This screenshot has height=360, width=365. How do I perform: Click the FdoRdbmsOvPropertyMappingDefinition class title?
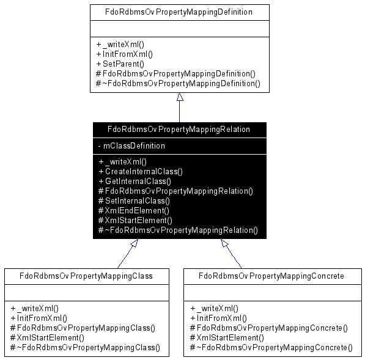pyautogui.click(x=179, y=12)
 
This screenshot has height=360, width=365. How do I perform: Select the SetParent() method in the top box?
pyautogui.click(x=120, y=64)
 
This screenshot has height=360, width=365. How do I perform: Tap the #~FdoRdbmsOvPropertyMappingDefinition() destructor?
pyautogui.click(x=178, y=83)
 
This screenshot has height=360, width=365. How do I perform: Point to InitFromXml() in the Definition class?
pyautogui.click(x=124, y=54)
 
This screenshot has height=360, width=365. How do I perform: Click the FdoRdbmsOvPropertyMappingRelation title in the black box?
pyautogui.click(x=179, y=129)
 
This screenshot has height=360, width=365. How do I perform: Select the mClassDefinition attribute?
pyautogui.click(x=131, y=145)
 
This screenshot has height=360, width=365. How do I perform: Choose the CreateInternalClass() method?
pyautogui.click(x=141, y=172)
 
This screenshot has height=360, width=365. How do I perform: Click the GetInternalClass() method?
pyautogui.click(x=135, y=182)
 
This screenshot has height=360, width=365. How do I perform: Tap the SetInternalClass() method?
pyautogui.click(x=134, y=200)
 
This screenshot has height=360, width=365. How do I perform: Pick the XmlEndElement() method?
pyautogui.click(x=134, y=211)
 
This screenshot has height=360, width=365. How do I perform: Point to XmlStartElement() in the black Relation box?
pyautogui.click(x=135, y=221)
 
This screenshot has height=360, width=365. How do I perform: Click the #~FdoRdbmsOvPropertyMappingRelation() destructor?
pyautogui.click(x=178, y=230)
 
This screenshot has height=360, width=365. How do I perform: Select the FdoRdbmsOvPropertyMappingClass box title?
pyautogui.click(x=86, y=276)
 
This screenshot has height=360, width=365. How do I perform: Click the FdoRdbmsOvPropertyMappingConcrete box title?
pyautogui.click(x=271, y=276)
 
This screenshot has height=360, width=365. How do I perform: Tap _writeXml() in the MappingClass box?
pyautogui.click(x=34, y=309)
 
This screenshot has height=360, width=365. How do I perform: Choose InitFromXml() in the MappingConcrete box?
pyautogui.click(x=219, y=318)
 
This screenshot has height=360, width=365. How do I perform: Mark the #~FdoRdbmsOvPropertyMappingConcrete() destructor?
pyautogui.click(x=271, y=347)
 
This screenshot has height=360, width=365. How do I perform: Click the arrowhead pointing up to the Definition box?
pyautogui.click(x=180, y=97)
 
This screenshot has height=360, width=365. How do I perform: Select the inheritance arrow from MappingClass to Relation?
pyautogui.click(x=128, y=254)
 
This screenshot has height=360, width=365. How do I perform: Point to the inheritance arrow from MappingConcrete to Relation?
pyautogui.click(x=231, y=254)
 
